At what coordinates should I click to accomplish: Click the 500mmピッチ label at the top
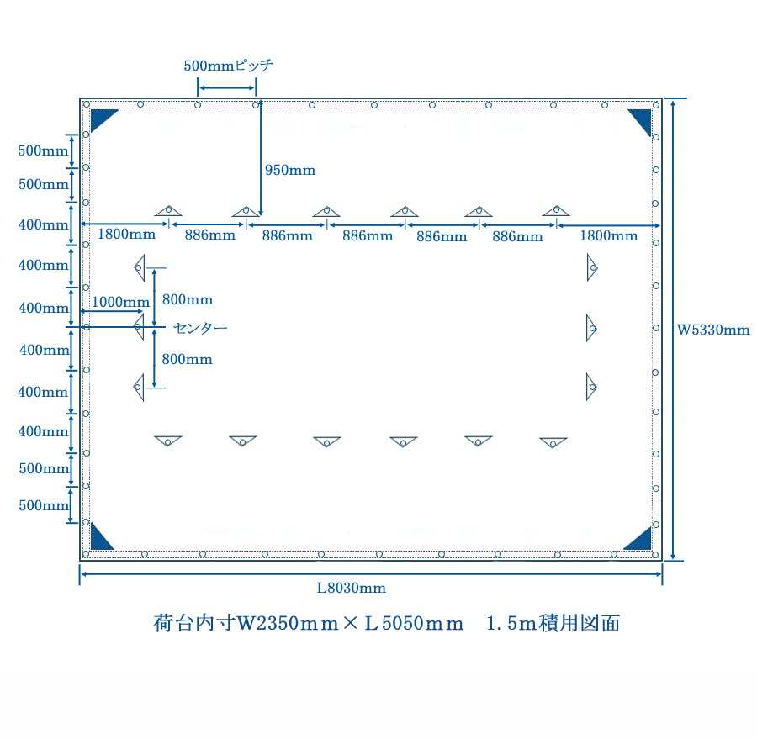(x=228, y=66)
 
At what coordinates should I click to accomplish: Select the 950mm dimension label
(x=290, y=170)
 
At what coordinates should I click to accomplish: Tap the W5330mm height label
(x=713, y=330)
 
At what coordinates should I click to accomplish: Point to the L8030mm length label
(x=352, y=588)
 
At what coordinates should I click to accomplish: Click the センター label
(x=200, y=327)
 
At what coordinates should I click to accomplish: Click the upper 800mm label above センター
(x=188, y=299)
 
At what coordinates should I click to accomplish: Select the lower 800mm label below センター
(x=188, y=359)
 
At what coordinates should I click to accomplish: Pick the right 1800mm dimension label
(x=609, y=235)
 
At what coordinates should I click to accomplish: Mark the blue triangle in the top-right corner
(x=642, y=119)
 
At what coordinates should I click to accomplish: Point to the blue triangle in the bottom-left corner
(x=100, y=537)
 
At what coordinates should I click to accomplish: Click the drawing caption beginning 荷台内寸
(x=387, y=624)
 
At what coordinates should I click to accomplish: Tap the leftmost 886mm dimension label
(x=210, y=235)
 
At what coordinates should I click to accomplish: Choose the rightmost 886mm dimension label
(x=517, y=237)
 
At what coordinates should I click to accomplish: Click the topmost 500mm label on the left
(x=43, y=151)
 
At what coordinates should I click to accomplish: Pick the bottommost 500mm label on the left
(x=43, y=505)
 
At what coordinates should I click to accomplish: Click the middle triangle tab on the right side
(x=591, y=328)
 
